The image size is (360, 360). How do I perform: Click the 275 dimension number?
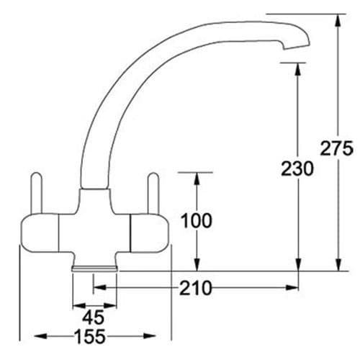pos(336,149)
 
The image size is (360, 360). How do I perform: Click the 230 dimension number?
pos(297,169)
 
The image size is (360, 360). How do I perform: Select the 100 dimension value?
pos(196,220)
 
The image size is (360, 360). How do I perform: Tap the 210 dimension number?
pos(197,289)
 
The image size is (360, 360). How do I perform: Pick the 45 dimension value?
pos(93,317)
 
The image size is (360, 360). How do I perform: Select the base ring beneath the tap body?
pos(94,267)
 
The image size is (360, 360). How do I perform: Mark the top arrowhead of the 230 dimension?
pos(297,67)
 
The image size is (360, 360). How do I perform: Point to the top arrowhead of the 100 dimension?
pos(195,179)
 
